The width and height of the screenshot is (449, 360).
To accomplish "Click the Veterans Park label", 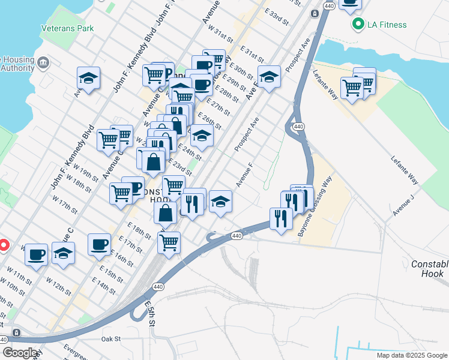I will pos(67,28).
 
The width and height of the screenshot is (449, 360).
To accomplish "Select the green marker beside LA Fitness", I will pos(359,25).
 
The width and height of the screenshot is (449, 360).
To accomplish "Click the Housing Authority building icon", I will pos(43,62).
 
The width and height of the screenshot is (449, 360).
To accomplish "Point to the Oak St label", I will pos(111,339).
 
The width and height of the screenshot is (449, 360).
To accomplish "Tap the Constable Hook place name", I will pos(430,269).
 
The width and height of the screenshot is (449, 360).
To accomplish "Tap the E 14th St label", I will pos(103,286).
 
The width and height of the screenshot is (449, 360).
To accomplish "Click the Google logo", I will pos(20,353).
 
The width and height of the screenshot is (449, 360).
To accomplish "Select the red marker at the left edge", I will pos(3,245).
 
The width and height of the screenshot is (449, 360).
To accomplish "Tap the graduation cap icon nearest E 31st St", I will pos(270,77).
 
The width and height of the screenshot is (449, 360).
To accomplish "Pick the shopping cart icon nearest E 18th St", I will pos(169,243).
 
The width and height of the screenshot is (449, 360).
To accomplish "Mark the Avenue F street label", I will pos(245,175).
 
